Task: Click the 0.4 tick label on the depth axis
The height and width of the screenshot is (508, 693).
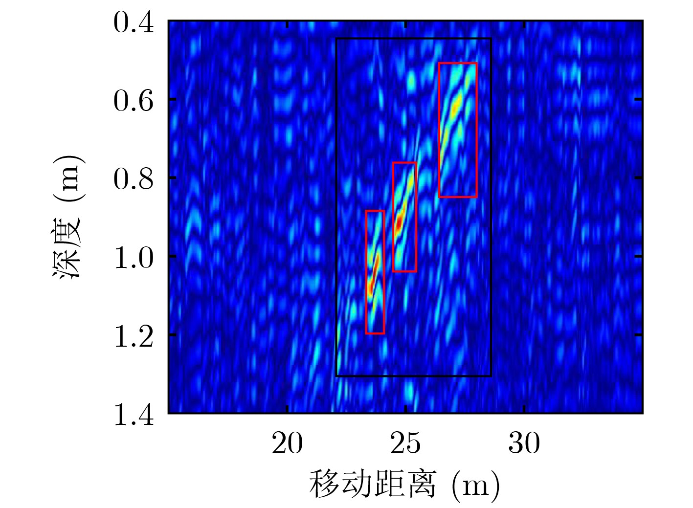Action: pos(133,23)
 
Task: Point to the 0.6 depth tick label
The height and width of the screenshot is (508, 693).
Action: pos(133,101)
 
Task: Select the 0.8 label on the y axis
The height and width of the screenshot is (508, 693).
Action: pos(133,179)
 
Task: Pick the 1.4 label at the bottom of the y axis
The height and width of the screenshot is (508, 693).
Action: pos(133,414)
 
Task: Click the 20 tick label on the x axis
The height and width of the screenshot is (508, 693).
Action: pos(287,443)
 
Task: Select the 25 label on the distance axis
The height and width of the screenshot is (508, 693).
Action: pos(405,443)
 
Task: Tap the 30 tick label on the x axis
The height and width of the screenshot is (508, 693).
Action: pos(524,443)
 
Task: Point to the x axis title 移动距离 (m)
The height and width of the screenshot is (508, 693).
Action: pos(405,484)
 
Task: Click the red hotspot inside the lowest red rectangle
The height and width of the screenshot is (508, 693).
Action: pos(371,286)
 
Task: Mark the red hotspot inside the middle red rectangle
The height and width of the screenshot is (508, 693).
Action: pos(399,223)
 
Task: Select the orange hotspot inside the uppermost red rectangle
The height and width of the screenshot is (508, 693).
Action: pos(456,104)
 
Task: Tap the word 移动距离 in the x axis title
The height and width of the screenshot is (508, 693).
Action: pos(372,484)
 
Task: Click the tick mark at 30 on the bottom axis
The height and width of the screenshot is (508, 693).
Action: pos(524,410)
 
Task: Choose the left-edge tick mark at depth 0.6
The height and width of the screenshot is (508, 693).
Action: pos(171,99)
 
